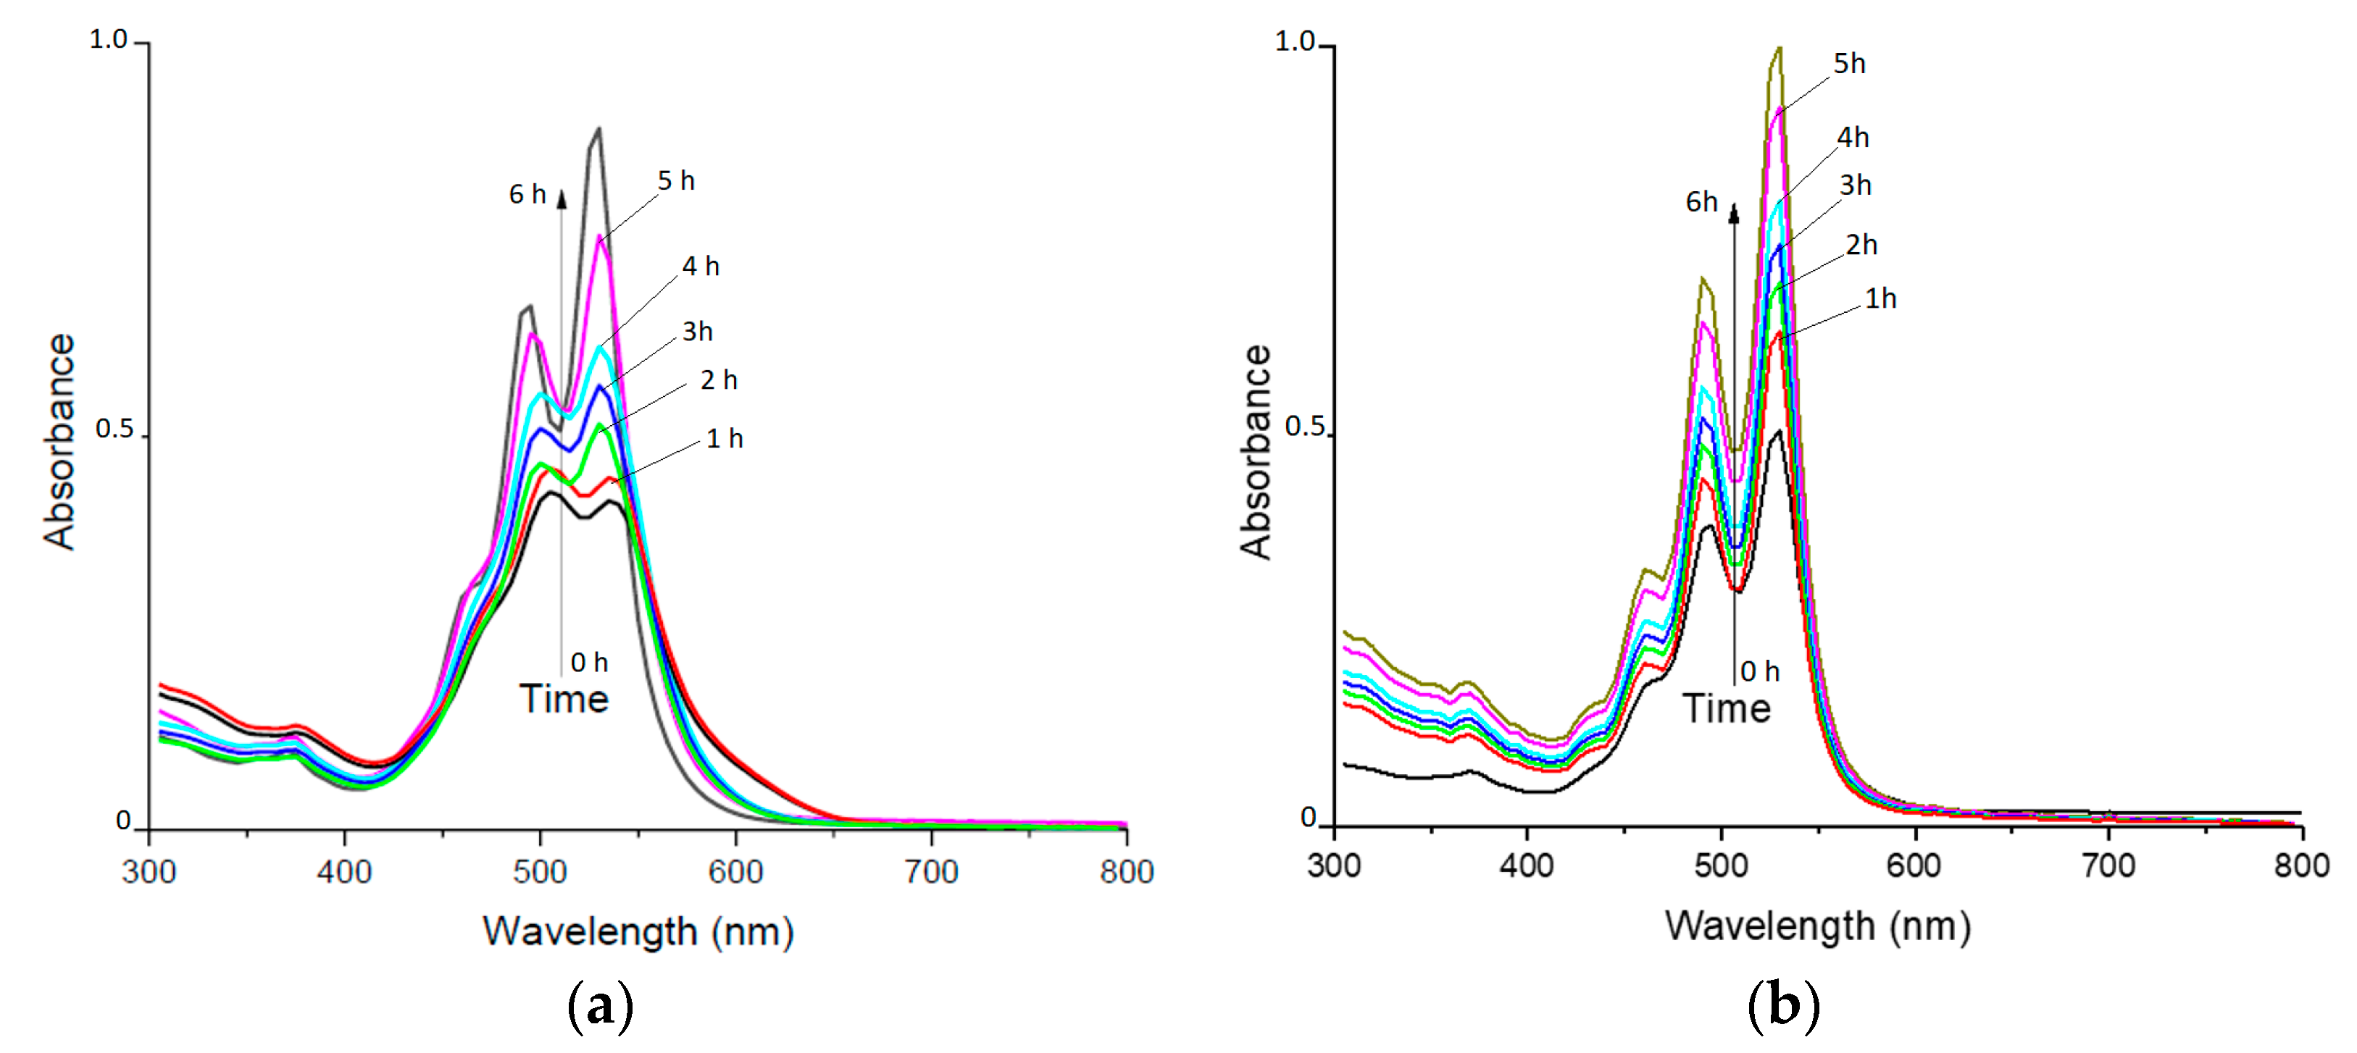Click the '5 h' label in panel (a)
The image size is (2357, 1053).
676,181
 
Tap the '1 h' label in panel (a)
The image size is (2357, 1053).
724,439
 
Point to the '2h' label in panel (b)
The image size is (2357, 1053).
1861,246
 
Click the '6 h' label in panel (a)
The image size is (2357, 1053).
527,195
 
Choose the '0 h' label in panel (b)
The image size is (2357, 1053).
1759,671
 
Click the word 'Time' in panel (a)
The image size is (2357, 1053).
564,699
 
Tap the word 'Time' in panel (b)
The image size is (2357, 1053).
1727,709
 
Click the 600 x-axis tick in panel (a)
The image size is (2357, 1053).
735,872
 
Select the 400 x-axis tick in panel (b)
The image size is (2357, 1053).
1526,865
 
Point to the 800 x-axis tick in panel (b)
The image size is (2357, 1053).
2301,865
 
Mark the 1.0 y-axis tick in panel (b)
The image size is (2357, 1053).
1295,41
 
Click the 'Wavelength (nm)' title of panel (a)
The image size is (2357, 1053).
638,932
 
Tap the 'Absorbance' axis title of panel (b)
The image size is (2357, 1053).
1256,452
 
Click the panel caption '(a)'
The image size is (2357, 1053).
600,1007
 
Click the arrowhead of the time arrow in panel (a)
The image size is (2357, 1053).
562,198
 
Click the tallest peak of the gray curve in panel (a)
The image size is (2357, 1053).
598,130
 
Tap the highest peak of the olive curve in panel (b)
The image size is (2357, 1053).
1779,48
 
